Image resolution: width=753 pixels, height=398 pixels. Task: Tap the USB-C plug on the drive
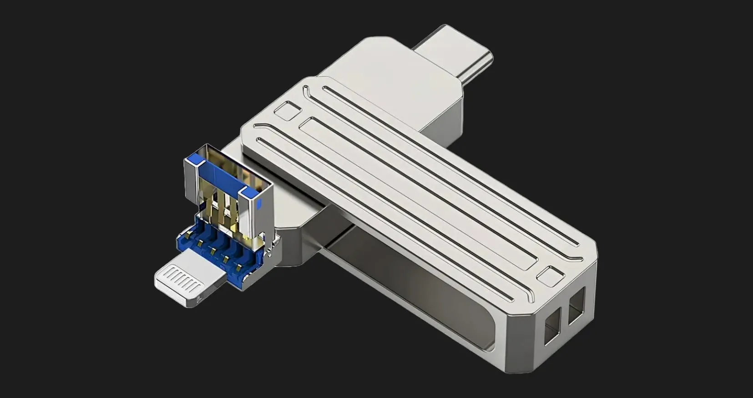pos(455,55)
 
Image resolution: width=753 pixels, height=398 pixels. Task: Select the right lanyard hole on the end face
pos(576,309)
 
